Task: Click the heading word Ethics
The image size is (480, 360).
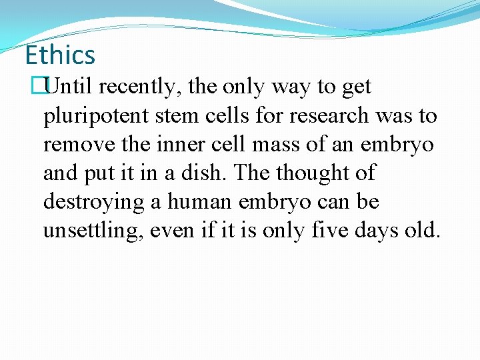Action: click(60, 55)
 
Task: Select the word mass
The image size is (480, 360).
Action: click(266, 145)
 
